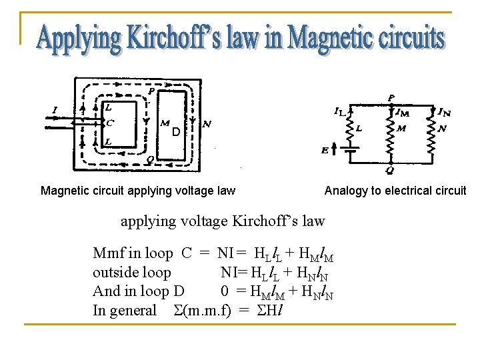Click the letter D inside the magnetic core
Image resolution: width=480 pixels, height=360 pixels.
pos(175,132)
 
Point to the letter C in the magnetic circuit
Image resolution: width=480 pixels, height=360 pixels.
pos(109,123)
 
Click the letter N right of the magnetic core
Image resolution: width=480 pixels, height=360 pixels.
pos(207,124)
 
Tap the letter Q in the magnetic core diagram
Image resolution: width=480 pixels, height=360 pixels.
pos(151,159)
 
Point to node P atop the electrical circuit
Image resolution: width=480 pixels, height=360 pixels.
pos(391,97)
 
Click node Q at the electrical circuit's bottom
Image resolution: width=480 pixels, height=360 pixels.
pos(391,169)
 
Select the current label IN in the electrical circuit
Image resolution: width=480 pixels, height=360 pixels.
pos(443,111)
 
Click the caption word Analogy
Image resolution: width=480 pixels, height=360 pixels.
pos(346,191)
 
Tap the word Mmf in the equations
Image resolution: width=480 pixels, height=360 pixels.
pos(108,253)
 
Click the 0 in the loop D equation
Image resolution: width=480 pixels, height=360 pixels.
pos(225,291)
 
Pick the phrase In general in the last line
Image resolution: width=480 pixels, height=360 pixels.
pos(125,311)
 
